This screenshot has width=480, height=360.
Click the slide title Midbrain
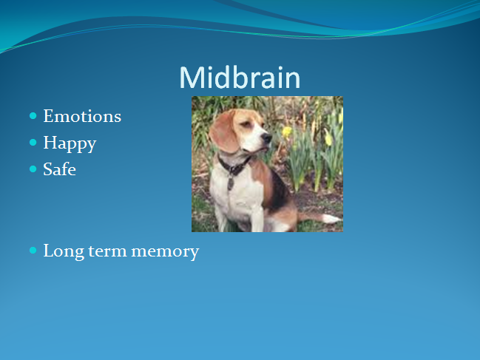(240, 78)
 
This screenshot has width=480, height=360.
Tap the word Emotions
(82, 116)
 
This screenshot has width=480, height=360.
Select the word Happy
(70, 143)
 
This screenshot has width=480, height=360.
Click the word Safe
(59, 169)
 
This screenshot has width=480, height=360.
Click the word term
(107, 251)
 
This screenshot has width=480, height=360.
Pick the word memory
(165, 253)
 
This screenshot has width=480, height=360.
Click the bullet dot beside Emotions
(33, 116)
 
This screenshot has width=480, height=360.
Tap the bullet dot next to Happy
(33, 143)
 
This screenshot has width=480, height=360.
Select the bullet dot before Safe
(33, 169)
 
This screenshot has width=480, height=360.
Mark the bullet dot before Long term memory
(33, 251)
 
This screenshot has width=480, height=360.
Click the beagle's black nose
(267, 138)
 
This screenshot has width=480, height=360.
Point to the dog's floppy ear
(224, 132)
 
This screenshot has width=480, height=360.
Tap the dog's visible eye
(246, 124)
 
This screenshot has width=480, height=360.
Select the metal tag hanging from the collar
(230, 183)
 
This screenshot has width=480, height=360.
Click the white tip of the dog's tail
(332, 218)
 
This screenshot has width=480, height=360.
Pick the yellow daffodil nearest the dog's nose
(287, 132)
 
